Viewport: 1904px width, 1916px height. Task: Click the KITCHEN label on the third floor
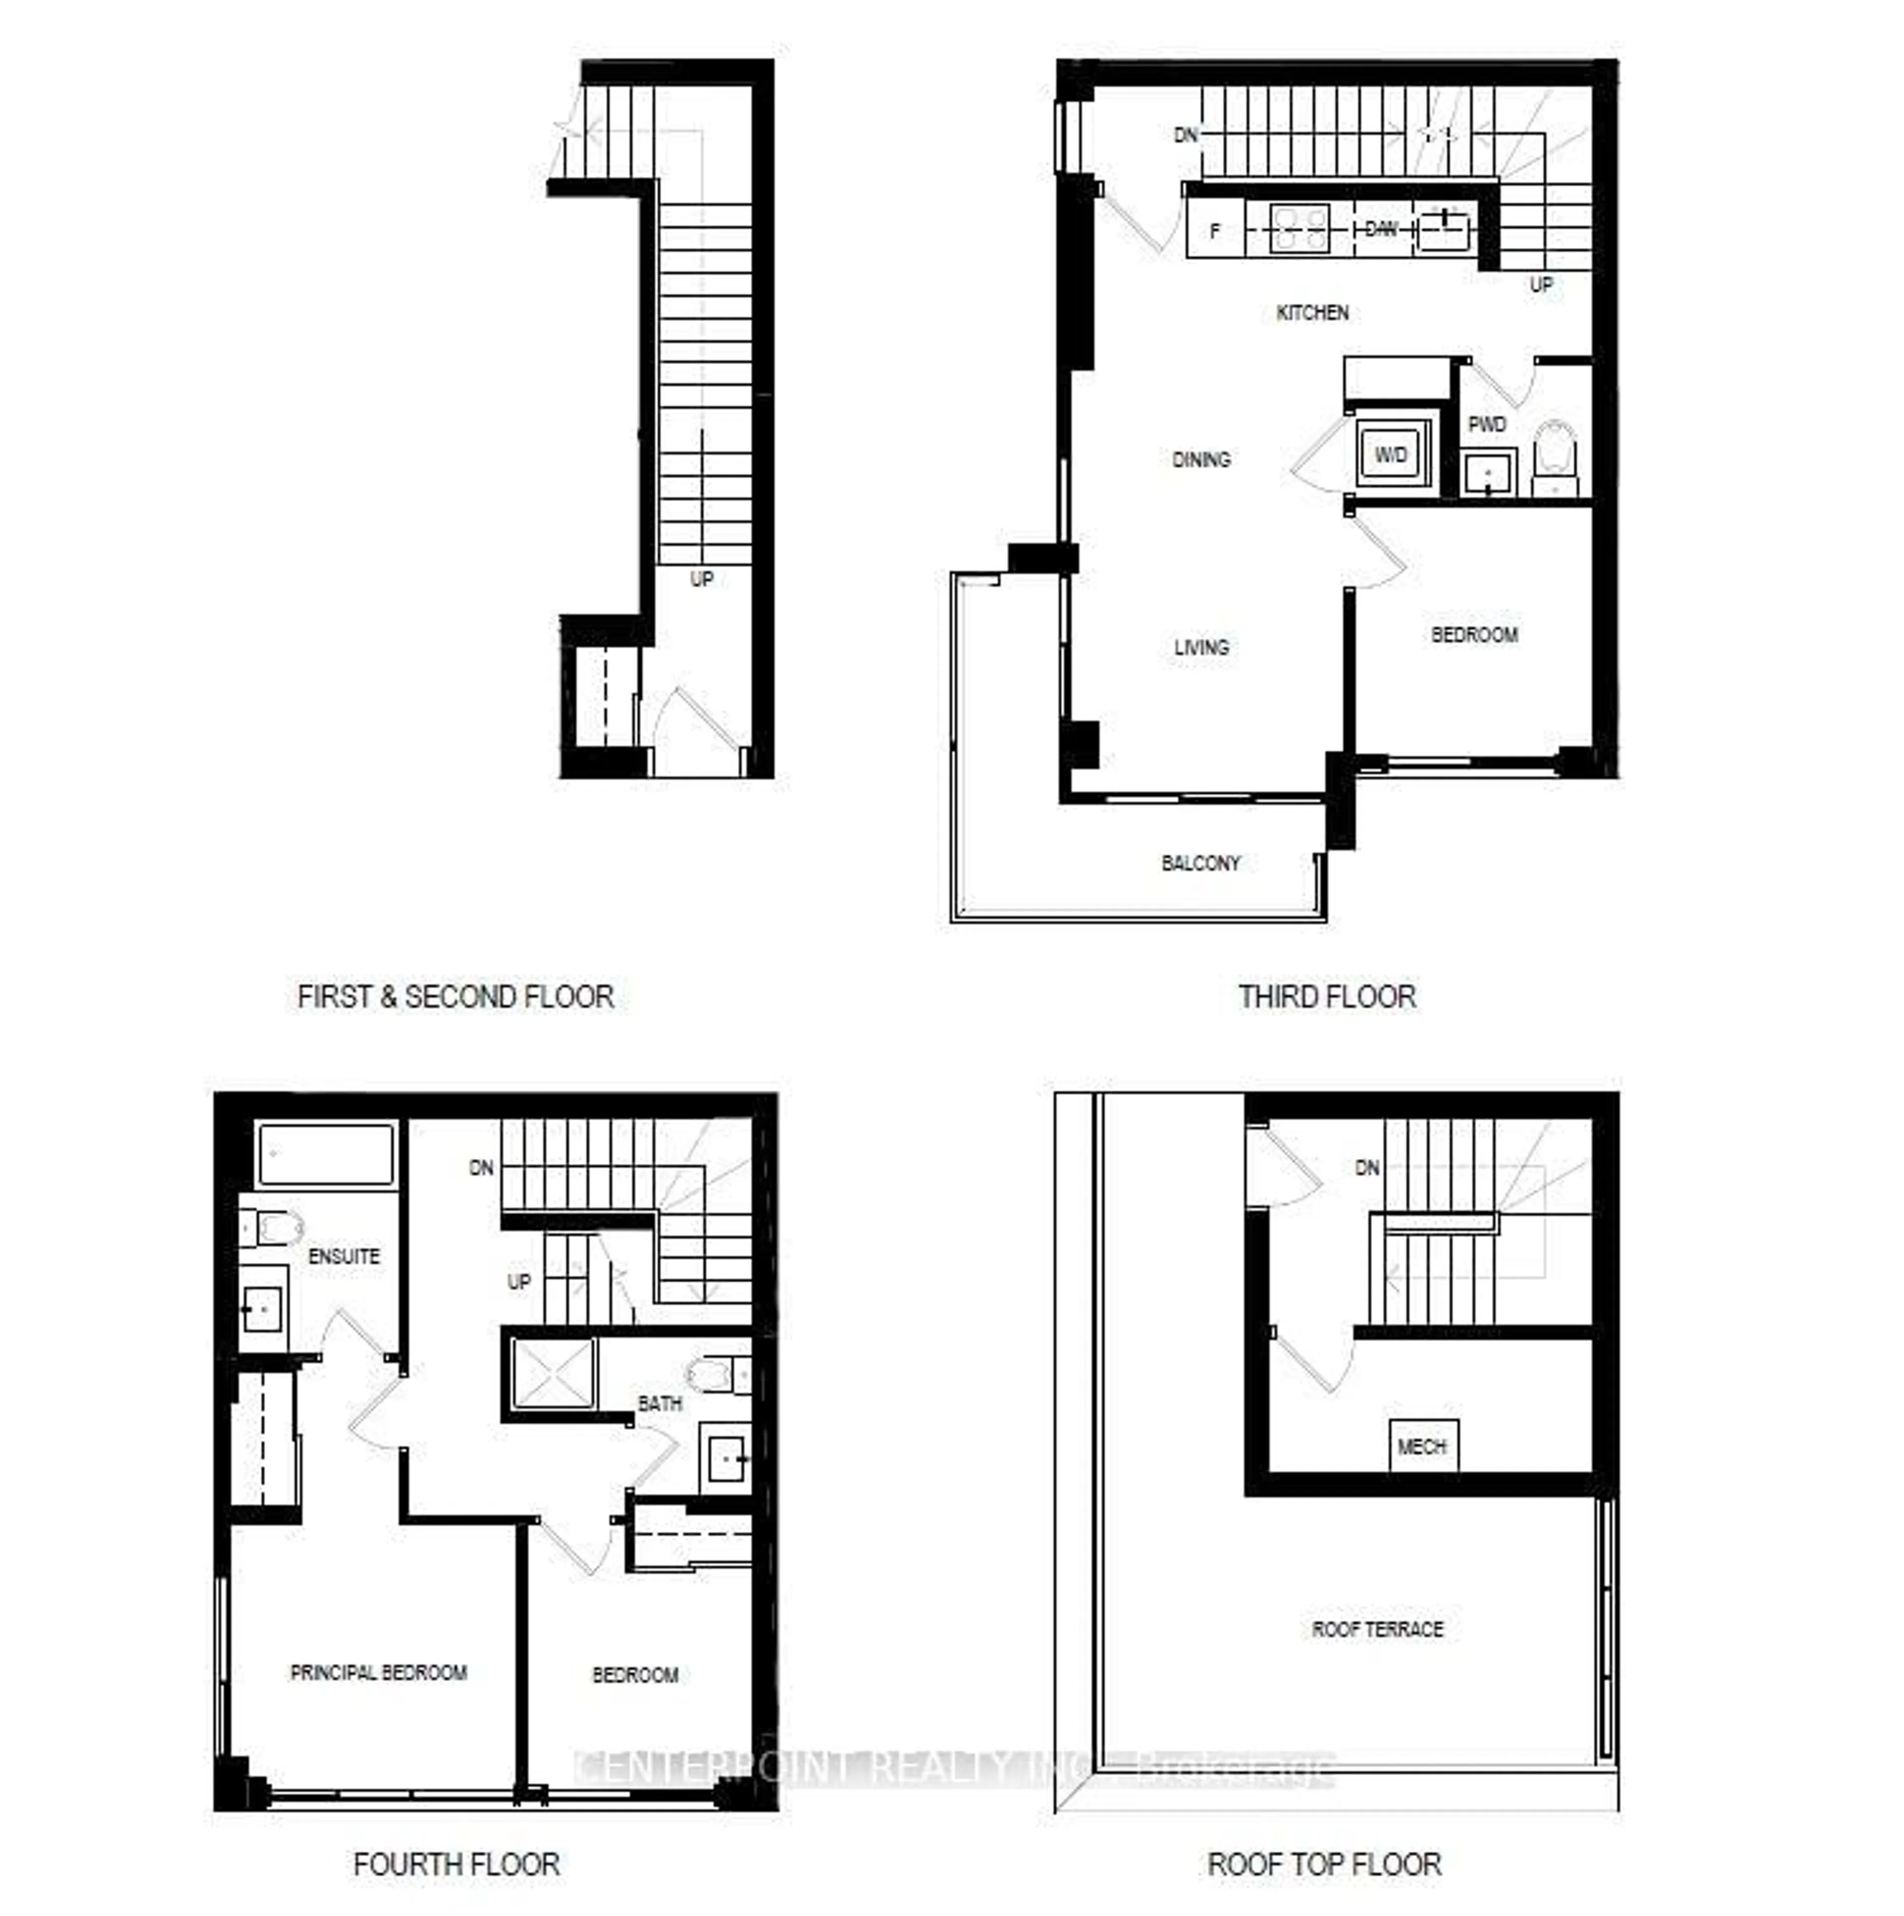point(1311,312)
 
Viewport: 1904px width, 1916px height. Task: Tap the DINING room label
point(1200,459)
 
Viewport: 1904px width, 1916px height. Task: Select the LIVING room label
point(1200,648)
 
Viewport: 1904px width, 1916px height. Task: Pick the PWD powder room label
point(1487,424)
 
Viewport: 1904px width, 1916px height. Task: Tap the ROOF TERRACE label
point(1377,1630)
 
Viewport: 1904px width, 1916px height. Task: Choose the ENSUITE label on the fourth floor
point(343,1256)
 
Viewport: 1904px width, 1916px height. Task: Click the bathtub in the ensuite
point(325,1153)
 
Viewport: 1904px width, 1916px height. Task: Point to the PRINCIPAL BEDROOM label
point(378,1673)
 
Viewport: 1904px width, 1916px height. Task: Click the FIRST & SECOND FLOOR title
point(455,997)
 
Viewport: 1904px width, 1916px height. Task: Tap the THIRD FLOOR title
point(1326,997)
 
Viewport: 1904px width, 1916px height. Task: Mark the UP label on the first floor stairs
point(702,578)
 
